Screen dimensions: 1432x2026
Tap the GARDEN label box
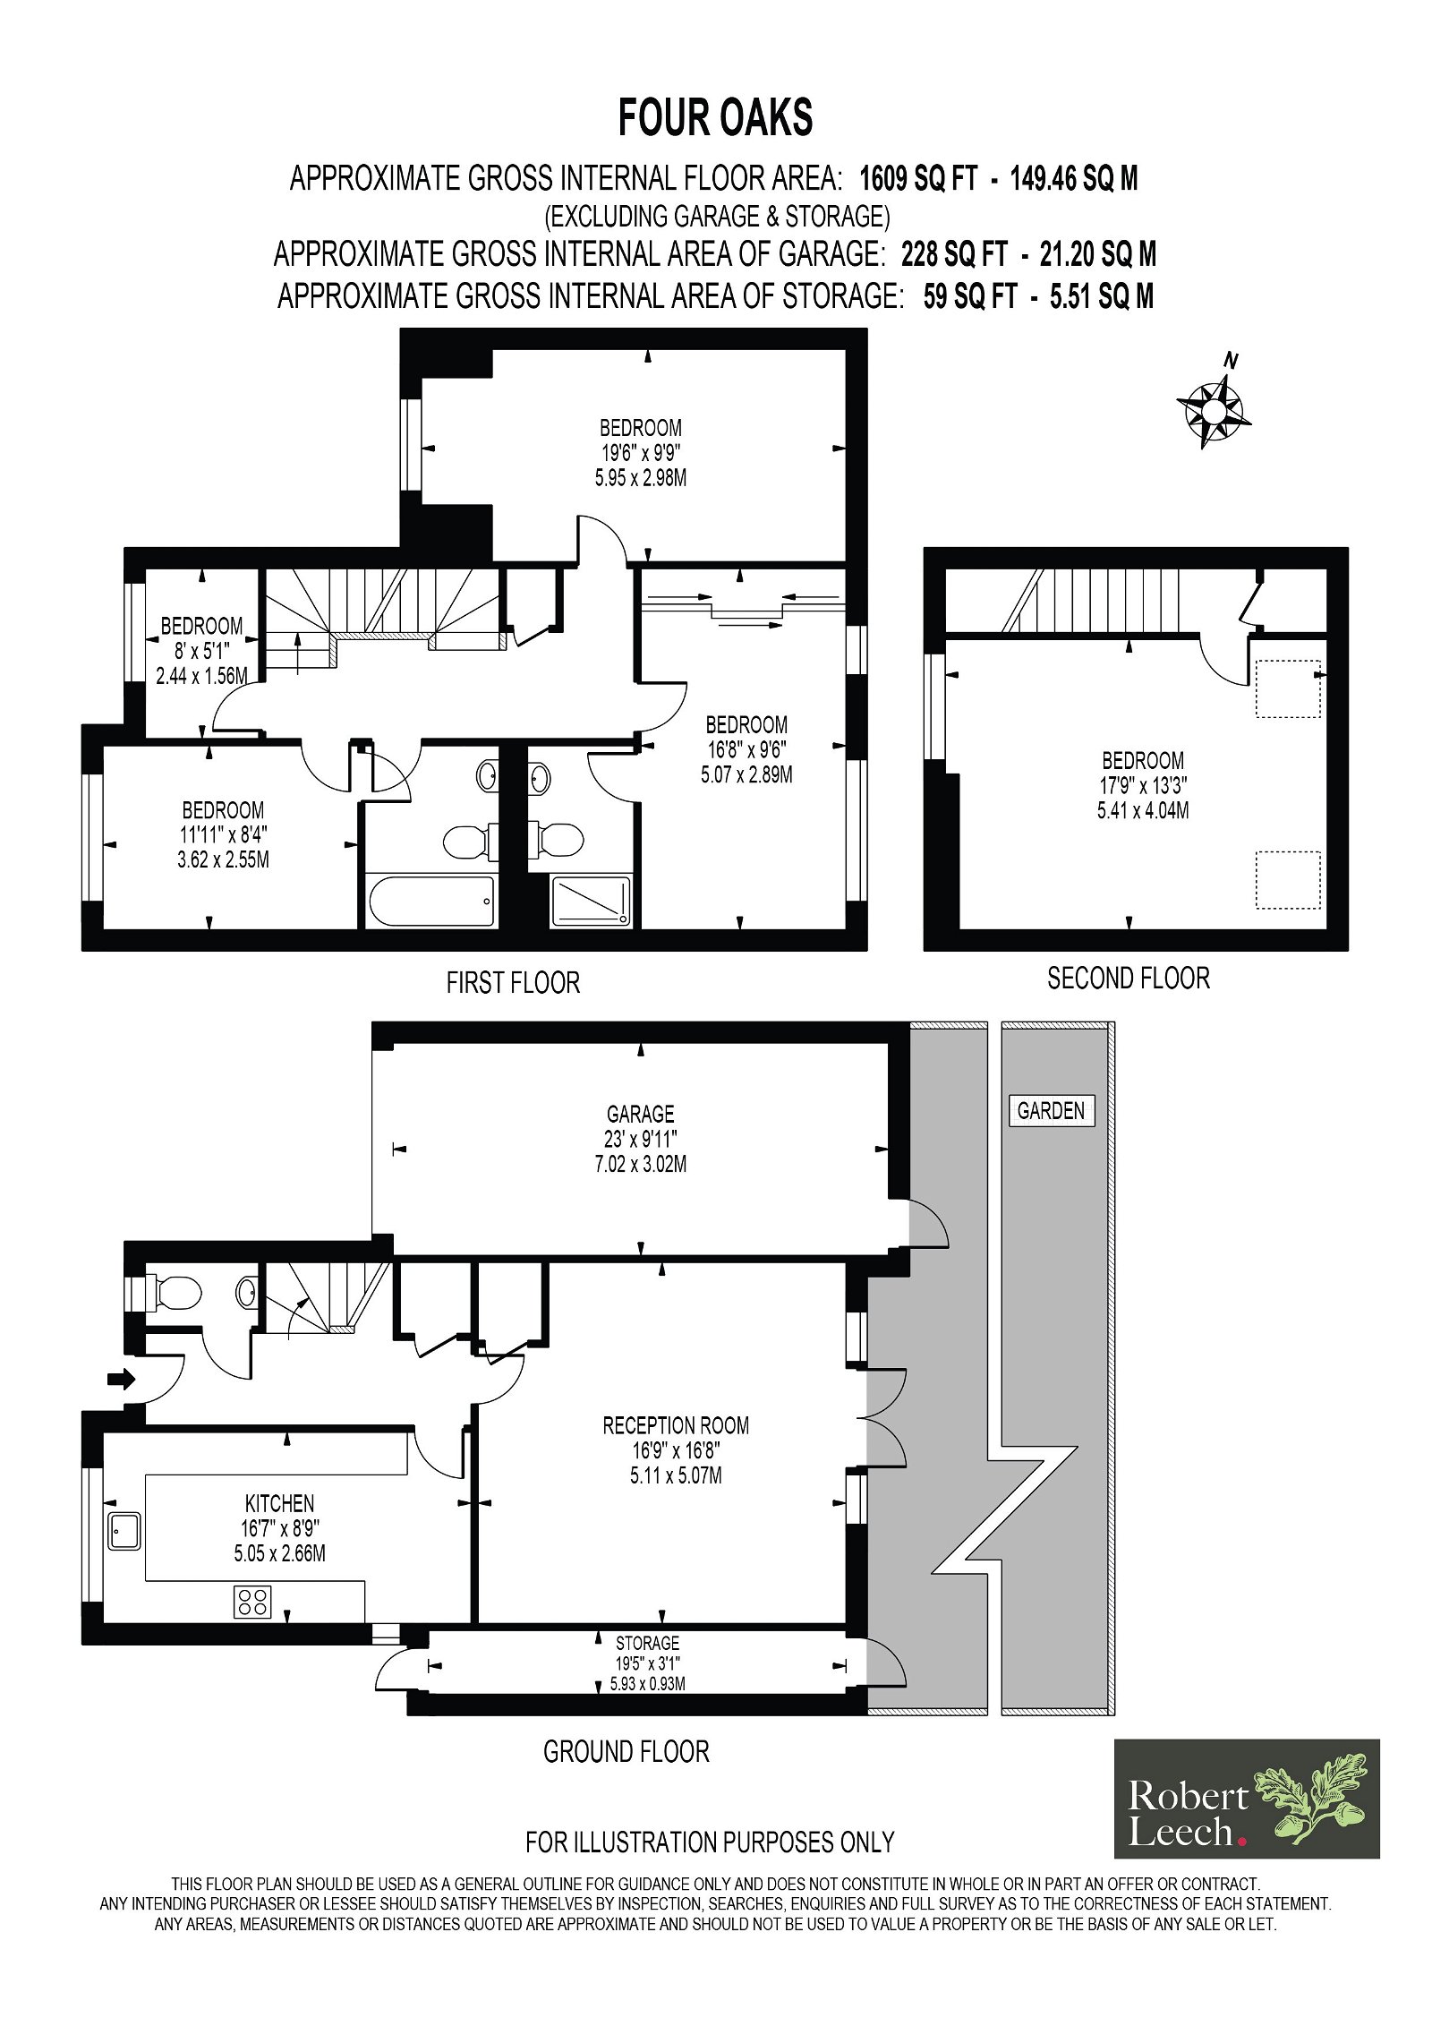(x=1051, y=1110)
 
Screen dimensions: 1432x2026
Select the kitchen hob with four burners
(x=252, y=1602)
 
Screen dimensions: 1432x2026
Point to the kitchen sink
(x=124, y=1530)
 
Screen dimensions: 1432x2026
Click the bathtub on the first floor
(x=430, y=902)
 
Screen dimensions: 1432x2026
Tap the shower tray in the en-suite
(x=590, y=901)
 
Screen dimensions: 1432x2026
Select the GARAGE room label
(x=640, y=1114)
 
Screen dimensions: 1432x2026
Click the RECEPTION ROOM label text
(x=676, y=1425)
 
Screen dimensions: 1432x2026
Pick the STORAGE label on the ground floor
(x=647, y=1643)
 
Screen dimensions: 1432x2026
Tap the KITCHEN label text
(x=279, y=1503)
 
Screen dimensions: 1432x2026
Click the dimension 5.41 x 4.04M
(x=1143, y=811)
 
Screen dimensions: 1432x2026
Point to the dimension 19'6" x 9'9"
(x=641, y=453)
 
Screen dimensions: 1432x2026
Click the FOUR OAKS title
(x=715, y=117)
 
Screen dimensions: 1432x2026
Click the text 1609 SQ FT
(x=918, y=179)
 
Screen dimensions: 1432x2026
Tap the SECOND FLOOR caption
(x=1128, y=978)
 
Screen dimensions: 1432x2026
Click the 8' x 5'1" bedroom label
(x=200, y=651)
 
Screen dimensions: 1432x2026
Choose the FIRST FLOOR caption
(x=513, y=982)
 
